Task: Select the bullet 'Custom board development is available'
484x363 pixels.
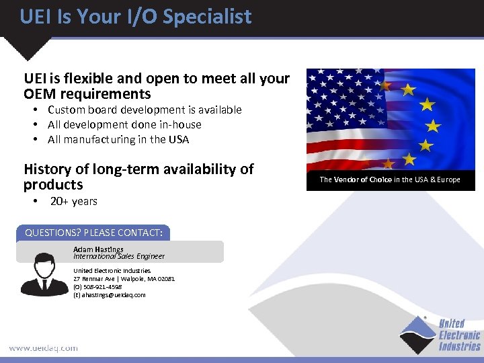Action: [x=145, y=110]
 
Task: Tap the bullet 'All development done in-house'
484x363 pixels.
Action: [x=124, y=124]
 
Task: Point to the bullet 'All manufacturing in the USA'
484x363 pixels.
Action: [x=118, y=139]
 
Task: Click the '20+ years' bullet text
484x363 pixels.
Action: [x=74, y=201]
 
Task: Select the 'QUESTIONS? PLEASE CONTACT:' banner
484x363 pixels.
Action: [x=93, y=233]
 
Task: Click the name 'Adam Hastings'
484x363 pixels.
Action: [x=98, y=249]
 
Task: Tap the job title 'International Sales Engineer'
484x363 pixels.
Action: [x=119, y=256]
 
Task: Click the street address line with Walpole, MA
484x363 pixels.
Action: [x=124, y=278]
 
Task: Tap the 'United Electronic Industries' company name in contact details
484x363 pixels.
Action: [x=112, y=270]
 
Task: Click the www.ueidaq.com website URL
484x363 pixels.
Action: [x=43, y=348]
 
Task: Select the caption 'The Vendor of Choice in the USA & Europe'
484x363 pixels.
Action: [x=390, y=179]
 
